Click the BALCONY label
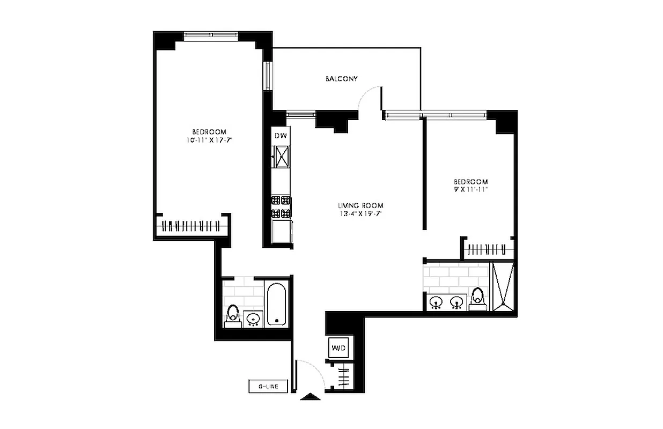tap(342, 79)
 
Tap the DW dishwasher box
tap(281, 136)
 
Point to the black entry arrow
tap(311, 397)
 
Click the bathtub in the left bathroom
tap(277, 304)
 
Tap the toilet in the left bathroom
tap(233, 314)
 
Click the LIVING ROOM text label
tap(360, 205)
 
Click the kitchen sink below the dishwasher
tap(281, 156)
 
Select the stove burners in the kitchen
tap(281, 207)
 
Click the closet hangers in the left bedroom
tap(190, 226)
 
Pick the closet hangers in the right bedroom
tap(487, 249)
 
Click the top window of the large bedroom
tap(211, 35)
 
